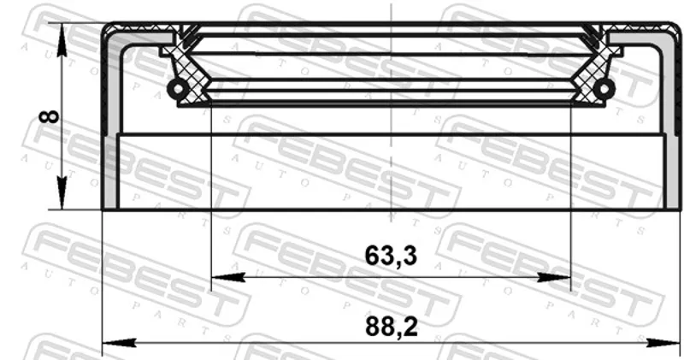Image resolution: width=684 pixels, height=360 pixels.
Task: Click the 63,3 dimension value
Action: pos(391,256)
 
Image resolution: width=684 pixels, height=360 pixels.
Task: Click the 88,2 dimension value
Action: pos(392,327)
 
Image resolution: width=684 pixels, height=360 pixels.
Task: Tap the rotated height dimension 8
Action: pos(49,116)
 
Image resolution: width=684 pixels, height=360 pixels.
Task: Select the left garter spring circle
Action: pos(178,89)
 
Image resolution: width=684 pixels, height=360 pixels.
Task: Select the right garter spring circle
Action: pos(604,89)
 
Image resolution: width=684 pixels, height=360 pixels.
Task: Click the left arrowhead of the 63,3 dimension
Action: pos(227,277)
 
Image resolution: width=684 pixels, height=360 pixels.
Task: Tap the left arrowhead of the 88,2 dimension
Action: pos(119,343)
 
